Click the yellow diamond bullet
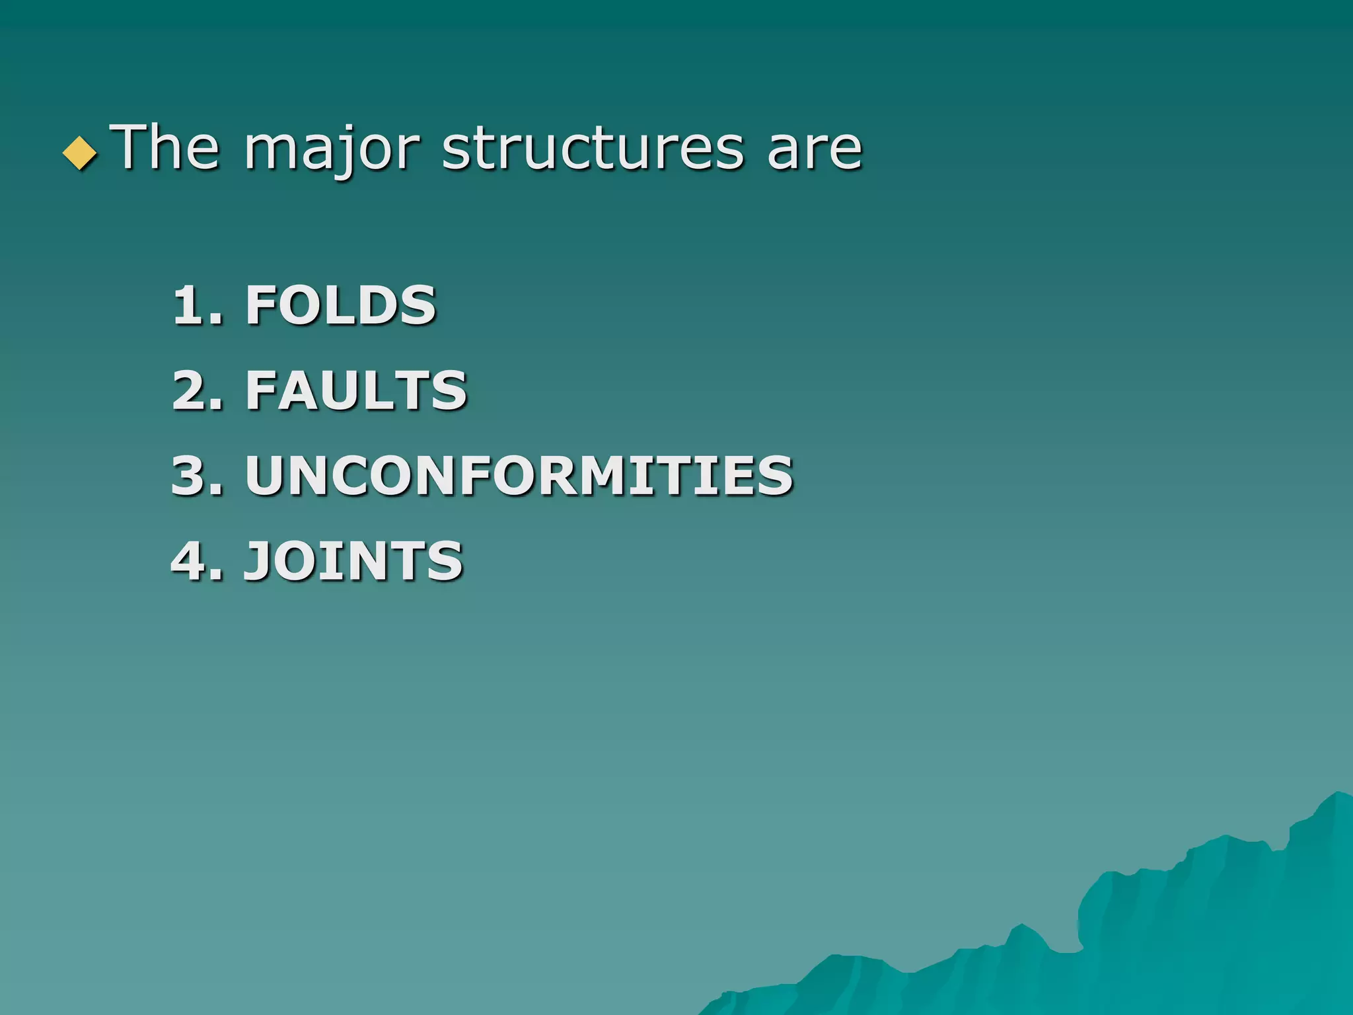pos(79,154)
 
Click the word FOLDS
pos(341,305)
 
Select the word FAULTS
pos(356,390)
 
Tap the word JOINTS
pos(353,560)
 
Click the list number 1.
pos(190,305)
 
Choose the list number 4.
pos(190,560)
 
